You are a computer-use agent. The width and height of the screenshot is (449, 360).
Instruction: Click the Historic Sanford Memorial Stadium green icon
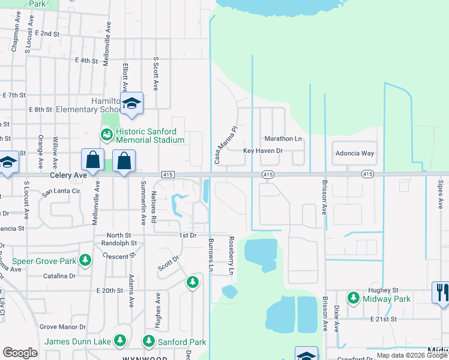(106, 134)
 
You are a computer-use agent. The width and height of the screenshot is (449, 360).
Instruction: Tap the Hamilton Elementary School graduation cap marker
(131, 103)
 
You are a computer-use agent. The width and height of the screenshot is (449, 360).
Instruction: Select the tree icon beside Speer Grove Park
(85, 260)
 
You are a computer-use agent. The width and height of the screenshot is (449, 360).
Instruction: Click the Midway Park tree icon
(354, 298)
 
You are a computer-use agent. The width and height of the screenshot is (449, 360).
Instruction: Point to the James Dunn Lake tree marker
(120, 341)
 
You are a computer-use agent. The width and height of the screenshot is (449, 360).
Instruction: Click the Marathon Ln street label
(286, 139)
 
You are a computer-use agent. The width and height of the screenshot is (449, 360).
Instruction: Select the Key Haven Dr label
(262, 151)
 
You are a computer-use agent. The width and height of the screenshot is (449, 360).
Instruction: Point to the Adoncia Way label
(354, 153)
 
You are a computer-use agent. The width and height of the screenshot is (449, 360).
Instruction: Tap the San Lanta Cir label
(60, 191)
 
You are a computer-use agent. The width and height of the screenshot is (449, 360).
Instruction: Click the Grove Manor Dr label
(62, 327)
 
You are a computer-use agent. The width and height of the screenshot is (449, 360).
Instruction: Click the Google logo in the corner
(20, 353)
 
